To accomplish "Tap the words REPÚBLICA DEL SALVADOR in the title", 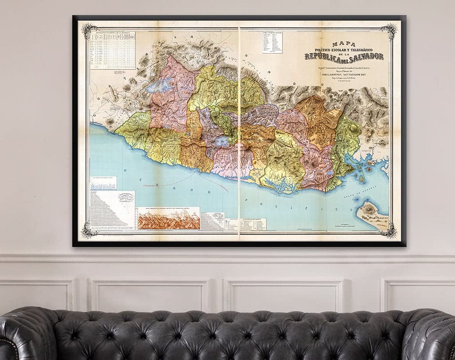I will pos(344,56).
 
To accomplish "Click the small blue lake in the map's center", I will pos(222,142).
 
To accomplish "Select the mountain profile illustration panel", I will pos(169,219).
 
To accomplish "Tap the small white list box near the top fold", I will pos(272,42).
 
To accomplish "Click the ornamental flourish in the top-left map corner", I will pos(89,31).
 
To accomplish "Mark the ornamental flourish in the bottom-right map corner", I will pos(388,231).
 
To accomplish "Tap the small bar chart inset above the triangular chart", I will pos(103,183).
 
